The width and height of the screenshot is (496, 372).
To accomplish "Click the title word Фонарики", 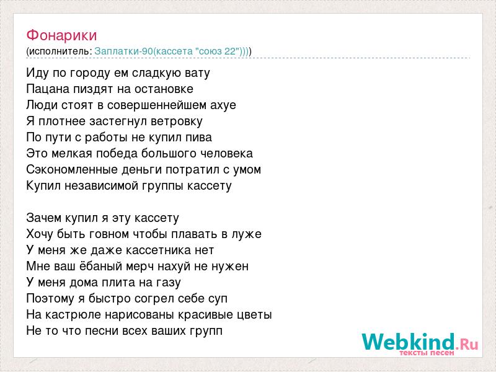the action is (61, 35).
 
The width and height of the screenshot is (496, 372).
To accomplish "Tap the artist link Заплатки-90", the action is (123, 51).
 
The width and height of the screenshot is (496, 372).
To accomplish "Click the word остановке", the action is (164, 89).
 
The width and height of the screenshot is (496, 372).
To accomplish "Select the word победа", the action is (117, 153).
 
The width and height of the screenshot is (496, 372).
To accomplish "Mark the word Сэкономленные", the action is (72, 169).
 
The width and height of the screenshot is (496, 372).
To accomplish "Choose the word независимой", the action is (100, 185).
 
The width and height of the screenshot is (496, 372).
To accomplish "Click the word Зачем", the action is (44, 218).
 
